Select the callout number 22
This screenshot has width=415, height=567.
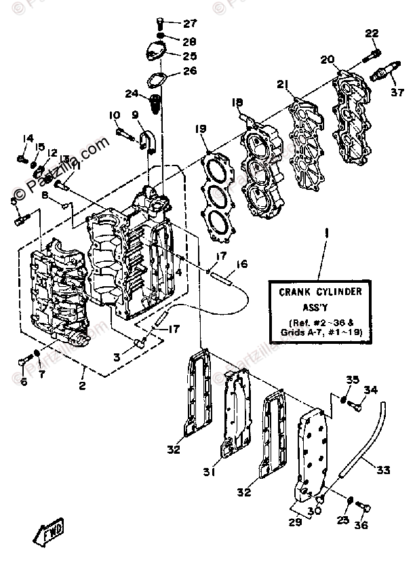[372, 33]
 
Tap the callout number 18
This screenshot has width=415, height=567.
[236, 102]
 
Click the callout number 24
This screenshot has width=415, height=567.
[132, 92]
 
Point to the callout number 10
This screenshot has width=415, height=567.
[114, 116]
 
